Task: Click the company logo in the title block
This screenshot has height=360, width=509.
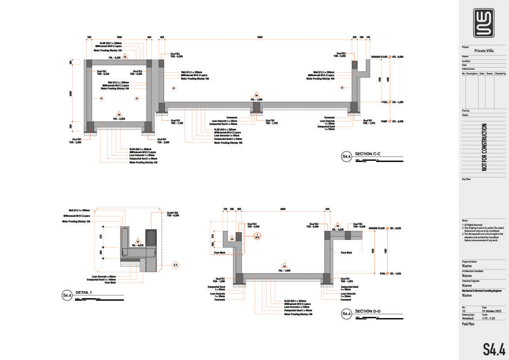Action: click(484, 23)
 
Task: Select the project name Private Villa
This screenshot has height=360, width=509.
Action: click(484, 50)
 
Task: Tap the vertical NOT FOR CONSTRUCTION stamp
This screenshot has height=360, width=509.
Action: click(484, 148)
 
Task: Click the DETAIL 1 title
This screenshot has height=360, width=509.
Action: click(83, 292)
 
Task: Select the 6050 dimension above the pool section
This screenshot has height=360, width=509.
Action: click(259, 38)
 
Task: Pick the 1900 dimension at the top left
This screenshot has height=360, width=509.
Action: click(119, 38)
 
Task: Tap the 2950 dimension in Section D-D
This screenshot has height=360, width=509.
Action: click(282, 210)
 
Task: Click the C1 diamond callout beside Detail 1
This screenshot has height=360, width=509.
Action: click(175, 266)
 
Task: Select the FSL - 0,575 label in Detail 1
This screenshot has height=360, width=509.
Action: click(138, 245)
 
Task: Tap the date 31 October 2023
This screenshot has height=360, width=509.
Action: click(491, 311)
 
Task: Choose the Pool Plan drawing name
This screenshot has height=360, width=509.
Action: click(469, 324)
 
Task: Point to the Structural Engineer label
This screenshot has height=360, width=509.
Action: click(471, 281)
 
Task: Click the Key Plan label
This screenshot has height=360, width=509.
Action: click(466, 179)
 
